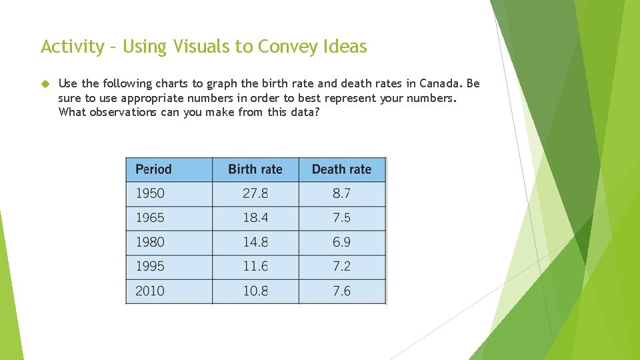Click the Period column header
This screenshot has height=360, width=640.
coord(153,169)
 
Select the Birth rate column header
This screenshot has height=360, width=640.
coord(255,169)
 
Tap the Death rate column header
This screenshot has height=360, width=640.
coord(341,169)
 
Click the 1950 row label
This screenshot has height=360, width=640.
coord(150,193)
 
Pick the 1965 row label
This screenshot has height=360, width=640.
coord(150,218)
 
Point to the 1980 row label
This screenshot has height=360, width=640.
coord(150,242)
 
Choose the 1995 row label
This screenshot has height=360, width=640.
coord(150,266)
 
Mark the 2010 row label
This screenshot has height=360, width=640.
coord(150,291)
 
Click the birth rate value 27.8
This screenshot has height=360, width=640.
coord(255,193)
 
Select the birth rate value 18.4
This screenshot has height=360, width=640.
coord(255,218)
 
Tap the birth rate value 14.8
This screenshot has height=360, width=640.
coord(255,242)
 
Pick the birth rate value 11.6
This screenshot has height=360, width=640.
coord(255,266)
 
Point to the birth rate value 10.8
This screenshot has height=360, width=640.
coord(255,291)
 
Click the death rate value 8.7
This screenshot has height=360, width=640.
coord(341,193)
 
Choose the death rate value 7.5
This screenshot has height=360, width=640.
coord(341,218)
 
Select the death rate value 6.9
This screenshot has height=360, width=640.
coord(341,242)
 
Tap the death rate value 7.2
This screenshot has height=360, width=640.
coord(341,266)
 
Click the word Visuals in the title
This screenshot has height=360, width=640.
coord(213,47)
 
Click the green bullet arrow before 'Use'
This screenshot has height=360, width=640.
coord(45,84)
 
